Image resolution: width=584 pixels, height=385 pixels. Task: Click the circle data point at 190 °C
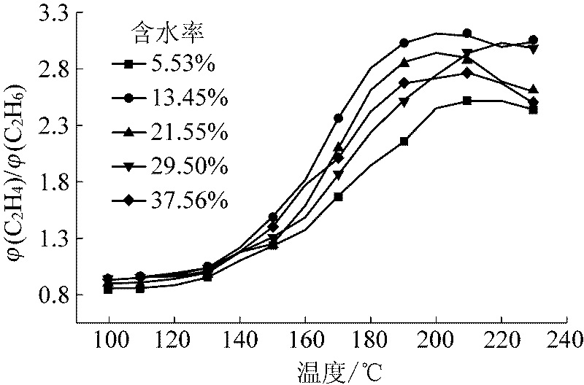point(404,43)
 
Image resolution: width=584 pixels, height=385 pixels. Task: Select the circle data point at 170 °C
point(338,117)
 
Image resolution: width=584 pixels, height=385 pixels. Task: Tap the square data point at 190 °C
point(404,141)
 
